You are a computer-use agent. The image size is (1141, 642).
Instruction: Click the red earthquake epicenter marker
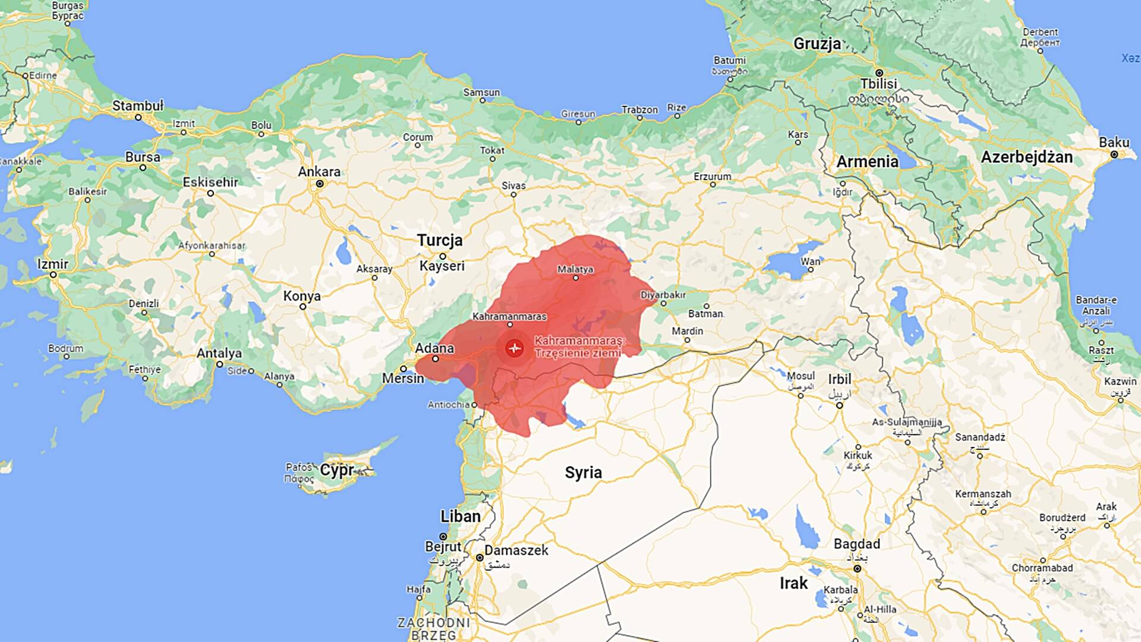point(514,348)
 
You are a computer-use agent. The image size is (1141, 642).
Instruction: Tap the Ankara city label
point(319,172)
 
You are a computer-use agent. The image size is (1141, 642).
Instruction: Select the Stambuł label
point(137,106)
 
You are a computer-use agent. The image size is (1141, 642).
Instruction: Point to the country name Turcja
point(439,240)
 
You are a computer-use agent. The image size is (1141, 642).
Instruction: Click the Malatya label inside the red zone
point(575,269)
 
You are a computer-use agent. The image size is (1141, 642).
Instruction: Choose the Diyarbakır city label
point(663,295)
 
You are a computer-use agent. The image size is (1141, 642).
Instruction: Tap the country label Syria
point(583,473)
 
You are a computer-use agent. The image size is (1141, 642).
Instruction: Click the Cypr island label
point(336,470)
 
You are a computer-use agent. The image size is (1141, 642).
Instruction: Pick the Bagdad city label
point(856,544)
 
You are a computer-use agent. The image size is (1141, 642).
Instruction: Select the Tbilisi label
point(878,84)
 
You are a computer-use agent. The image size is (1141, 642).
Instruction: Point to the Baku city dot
point(1114,155)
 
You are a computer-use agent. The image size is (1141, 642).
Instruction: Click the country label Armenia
point(867,162)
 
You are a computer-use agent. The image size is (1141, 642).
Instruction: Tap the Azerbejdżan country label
point(1026,158)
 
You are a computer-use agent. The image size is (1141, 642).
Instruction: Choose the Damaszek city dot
point(480,558)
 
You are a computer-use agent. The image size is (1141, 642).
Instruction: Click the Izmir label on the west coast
point(53,264)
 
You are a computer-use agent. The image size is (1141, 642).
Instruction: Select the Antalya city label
point(219,353)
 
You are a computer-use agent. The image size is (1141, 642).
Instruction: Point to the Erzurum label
point(712,177)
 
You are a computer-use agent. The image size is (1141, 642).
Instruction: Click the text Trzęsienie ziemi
point(577,353)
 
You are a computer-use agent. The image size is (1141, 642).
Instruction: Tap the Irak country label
point(793,583)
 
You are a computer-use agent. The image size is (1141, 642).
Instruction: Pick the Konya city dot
point(302,307)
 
